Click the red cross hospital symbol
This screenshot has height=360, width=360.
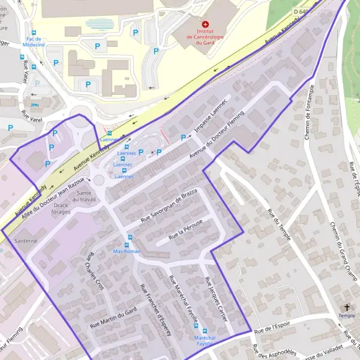[205, 24]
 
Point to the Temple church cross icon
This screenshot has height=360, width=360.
[347, 307]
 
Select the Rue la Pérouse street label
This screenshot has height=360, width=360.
[186, 230]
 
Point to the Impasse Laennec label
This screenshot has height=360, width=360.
[212, 115]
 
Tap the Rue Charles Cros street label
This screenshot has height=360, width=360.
[94, 271]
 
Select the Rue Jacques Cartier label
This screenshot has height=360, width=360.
[217, 298]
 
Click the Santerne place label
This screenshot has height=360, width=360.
[26, 241]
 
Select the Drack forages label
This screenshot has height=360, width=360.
[61, 209]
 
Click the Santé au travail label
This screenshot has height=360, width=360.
[84, 196]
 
